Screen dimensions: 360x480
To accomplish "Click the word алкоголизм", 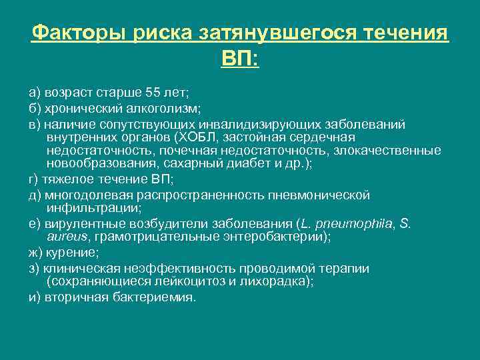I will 167,108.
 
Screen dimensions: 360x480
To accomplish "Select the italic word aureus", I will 69,236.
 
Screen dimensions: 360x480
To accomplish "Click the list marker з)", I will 34,268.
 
